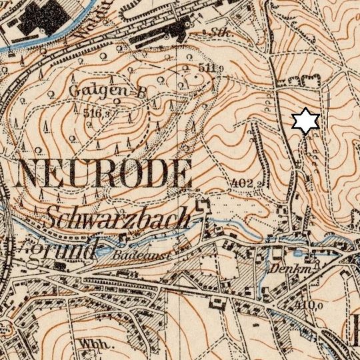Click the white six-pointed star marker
tap(306, 121)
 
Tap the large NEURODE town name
tap(104, 175)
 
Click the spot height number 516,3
tap(96, 113)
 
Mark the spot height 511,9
tap(209, 69)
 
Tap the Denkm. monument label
tap(287, 269)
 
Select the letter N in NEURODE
tap(31, 175)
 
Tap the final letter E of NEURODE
tap(180, 175)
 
